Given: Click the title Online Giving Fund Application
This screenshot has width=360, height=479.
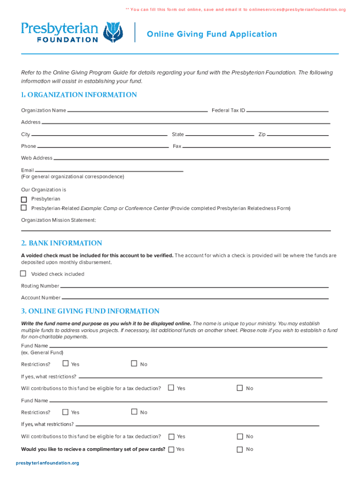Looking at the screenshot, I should [212, 34].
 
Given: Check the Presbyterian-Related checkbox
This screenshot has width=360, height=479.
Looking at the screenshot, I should [24, 207].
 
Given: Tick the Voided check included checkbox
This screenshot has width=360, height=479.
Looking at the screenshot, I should [23, 273].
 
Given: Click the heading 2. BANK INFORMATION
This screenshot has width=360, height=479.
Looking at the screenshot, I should [61, 243].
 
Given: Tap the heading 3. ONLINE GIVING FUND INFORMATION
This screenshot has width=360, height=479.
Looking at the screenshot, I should [90, 311].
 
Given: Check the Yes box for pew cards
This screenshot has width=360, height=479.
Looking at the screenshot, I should [171, 450].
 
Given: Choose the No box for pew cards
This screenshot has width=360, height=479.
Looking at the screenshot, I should [240, 450].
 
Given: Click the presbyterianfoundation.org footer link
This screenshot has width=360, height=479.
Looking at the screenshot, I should [48, 463].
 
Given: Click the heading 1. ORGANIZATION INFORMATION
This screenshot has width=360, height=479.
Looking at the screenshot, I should [79, 95].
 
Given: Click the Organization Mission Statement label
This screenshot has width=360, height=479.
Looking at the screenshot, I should [58, 220].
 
